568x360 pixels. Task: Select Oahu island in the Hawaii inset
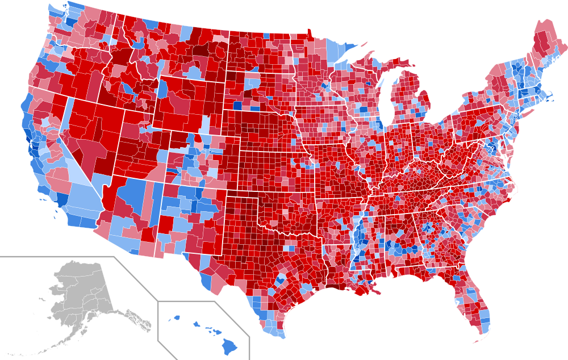click(x=197, y=325)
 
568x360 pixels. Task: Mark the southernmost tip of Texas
click(x=278, y=336)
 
